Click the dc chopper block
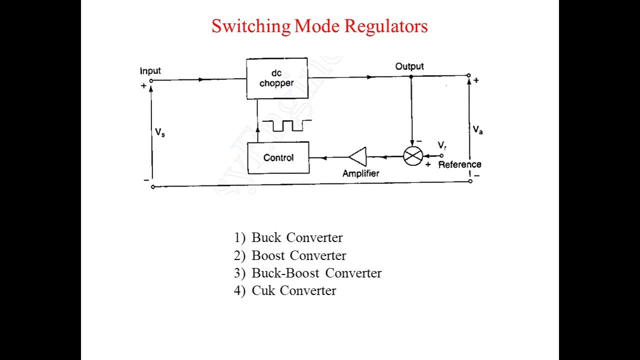276,78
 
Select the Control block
278,157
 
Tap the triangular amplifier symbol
358,156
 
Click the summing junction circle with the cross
413,156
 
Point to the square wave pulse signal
286,125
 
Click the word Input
150,71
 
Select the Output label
409,66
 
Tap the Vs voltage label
160,132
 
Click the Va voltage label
478,129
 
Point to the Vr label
442,145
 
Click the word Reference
459,164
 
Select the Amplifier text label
360,173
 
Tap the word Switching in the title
250,26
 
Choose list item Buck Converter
296,237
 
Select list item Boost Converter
298,255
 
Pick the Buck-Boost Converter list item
316,273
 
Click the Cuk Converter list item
293,290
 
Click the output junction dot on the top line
411,76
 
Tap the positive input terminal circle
151,80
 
